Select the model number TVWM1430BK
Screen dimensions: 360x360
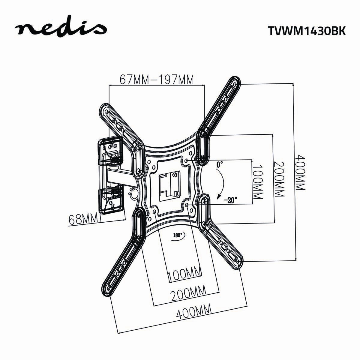click(x=306, y=31)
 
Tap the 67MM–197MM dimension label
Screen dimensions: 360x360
click(x=157, y=79)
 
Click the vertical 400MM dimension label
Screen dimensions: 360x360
click(x=300, y=172)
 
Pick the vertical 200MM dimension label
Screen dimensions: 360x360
click(x=279, y=179)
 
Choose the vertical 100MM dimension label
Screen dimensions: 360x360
click(x=257, y=182)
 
